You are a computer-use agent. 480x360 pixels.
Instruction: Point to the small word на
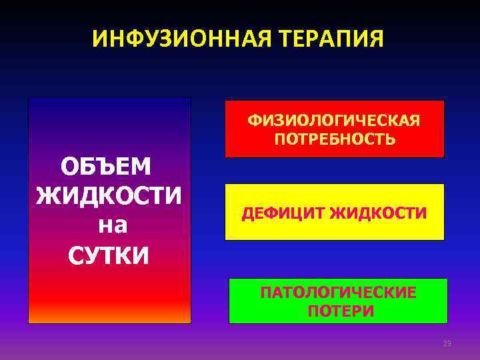[112, 225]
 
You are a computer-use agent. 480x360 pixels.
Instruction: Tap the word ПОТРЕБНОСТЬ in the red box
[334, 139]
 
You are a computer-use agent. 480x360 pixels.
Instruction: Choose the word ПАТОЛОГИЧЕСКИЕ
[338, 293]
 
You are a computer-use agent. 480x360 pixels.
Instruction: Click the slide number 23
[447, 344]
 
